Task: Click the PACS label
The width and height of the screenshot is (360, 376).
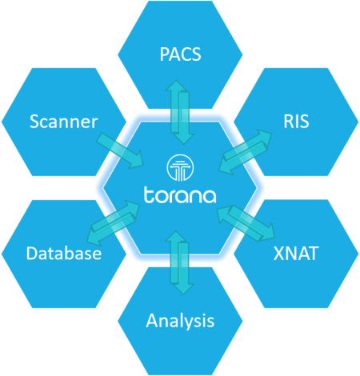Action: [180, 54]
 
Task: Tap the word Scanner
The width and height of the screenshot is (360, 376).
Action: [64, 122]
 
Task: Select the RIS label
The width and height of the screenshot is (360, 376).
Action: [296, 122]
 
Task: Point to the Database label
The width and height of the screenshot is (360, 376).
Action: [64, 253]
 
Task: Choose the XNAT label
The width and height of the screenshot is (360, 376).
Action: [296, 253]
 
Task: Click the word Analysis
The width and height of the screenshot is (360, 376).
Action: [180, 321]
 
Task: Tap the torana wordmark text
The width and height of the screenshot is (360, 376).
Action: [180, 195]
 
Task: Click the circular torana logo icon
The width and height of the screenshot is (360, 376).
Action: [180, 168]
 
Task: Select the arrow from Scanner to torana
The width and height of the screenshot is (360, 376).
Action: [120, 150]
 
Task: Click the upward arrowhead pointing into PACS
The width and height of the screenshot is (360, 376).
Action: [176, 86]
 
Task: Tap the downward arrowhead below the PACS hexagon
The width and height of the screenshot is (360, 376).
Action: [184, 138]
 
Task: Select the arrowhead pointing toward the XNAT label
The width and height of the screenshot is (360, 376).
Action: [267, 233]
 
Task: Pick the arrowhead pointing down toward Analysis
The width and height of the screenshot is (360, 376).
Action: [183, 288]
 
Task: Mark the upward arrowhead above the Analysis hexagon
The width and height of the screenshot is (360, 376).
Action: [176, 237]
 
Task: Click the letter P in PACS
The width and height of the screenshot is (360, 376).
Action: [164, 54]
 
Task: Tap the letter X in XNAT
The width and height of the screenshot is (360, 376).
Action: [278, 254]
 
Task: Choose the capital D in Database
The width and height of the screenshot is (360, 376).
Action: [32, 253]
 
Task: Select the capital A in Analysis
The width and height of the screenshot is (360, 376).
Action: [152, 320]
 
